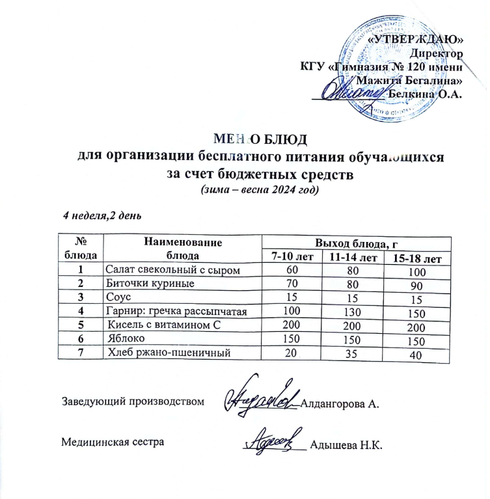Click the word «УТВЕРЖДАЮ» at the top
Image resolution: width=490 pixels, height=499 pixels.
pos(416,39)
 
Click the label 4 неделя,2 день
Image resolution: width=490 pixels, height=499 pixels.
pos(102,215)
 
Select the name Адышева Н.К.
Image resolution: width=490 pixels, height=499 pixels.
pos(345,445)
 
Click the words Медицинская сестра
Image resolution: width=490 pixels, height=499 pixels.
pos(113,442)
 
